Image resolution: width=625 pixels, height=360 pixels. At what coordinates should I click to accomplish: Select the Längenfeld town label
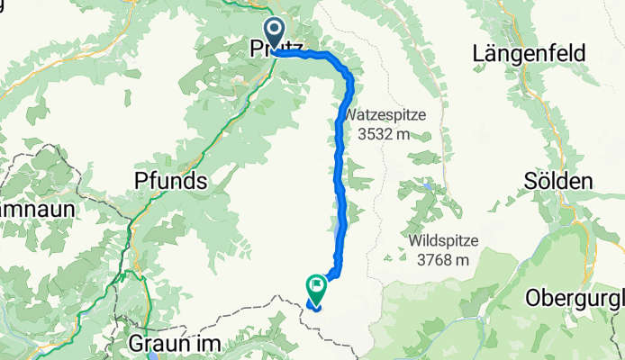[x=529, y=54]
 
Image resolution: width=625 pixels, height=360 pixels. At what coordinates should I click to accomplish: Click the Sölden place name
[x=557, y=181]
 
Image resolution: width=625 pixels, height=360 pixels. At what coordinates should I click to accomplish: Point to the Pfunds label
[x=171, y=181]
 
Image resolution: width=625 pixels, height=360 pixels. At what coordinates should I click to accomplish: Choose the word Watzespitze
[x=383, y=116]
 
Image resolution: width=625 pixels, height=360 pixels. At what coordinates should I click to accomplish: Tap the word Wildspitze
[x=443, y=241]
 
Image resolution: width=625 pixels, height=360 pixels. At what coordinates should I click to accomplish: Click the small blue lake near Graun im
[x=148, y=356]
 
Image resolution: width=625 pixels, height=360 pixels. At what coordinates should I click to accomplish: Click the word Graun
[x=157, y=345]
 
